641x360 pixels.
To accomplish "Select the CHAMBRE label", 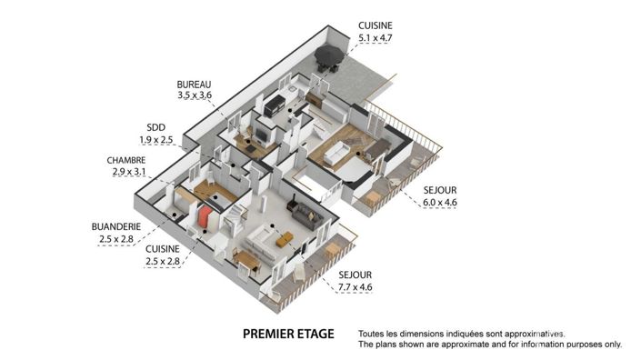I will (126, 160).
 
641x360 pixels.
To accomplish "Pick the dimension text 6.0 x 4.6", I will (441, 202).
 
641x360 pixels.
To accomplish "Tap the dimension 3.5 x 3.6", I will (194, 95).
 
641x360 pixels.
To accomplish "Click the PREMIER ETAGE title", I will (288, 334).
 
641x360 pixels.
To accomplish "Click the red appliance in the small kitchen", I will (206, 218).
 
